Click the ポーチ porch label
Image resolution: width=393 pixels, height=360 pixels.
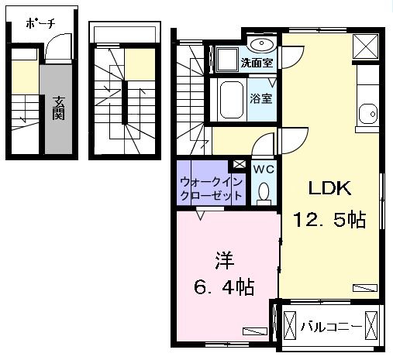point(40,23)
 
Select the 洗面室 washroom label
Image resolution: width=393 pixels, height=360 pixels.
point(255,62)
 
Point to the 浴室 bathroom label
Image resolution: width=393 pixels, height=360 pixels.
point(259,98)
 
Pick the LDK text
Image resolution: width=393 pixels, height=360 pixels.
point(331,189)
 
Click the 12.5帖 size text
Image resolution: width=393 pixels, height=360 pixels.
point(329,221)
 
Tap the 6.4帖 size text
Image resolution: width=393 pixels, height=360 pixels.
point(223,287)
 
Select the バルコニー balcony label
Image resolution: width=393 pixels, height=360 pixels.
point(331,326)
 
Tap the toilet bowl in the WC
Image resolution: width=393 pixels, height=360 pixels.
point(263,191)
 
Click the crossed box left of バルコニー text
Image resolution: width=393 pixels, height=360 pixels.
point(290,325)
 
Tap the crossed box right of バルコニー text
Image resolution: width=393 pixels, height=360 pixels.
point(373,325)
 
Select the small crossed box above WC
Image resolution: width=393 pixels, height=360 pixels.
point(239,165)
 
